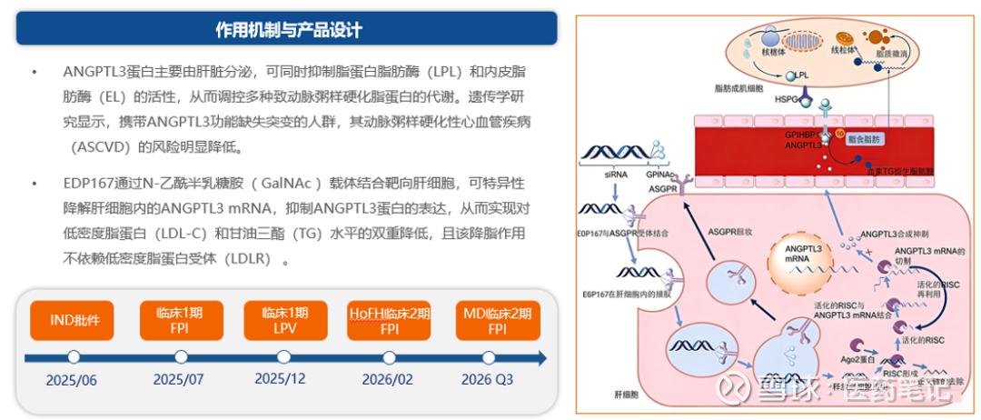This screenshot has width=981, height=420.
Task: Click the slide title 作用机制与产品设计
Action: [287, 29]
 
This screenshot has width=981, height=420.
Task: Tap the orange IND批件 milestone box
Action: [74, 320]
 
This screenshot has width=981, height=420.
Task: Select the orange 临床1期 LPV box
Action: [285, 320]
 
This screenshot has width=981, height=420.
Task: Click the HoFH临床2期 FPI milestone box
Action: [391, 320]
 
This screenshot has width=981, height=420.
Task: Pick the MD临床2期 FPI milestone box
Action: [497, 320]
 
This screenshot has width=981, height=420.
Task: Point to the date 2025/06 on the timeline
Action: [73, 380]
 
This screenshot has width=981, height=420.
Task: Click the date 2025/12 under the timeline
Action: [282, 378]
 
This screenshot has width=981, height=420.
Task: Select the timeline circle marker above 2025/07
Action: [181, 357]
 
